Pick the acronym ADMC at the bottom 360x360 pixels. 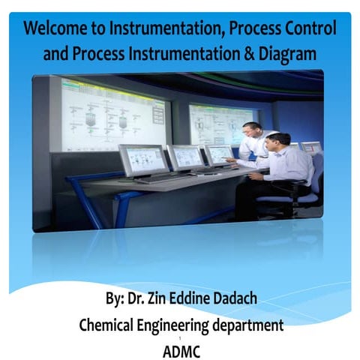point(181,349)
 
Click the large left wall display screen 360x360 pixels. point(112,112)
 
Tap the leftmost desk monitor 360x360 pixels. point(142,160)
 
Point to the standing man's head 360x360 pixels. point(252,130)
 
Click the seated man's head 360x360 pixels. point(277,141)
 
